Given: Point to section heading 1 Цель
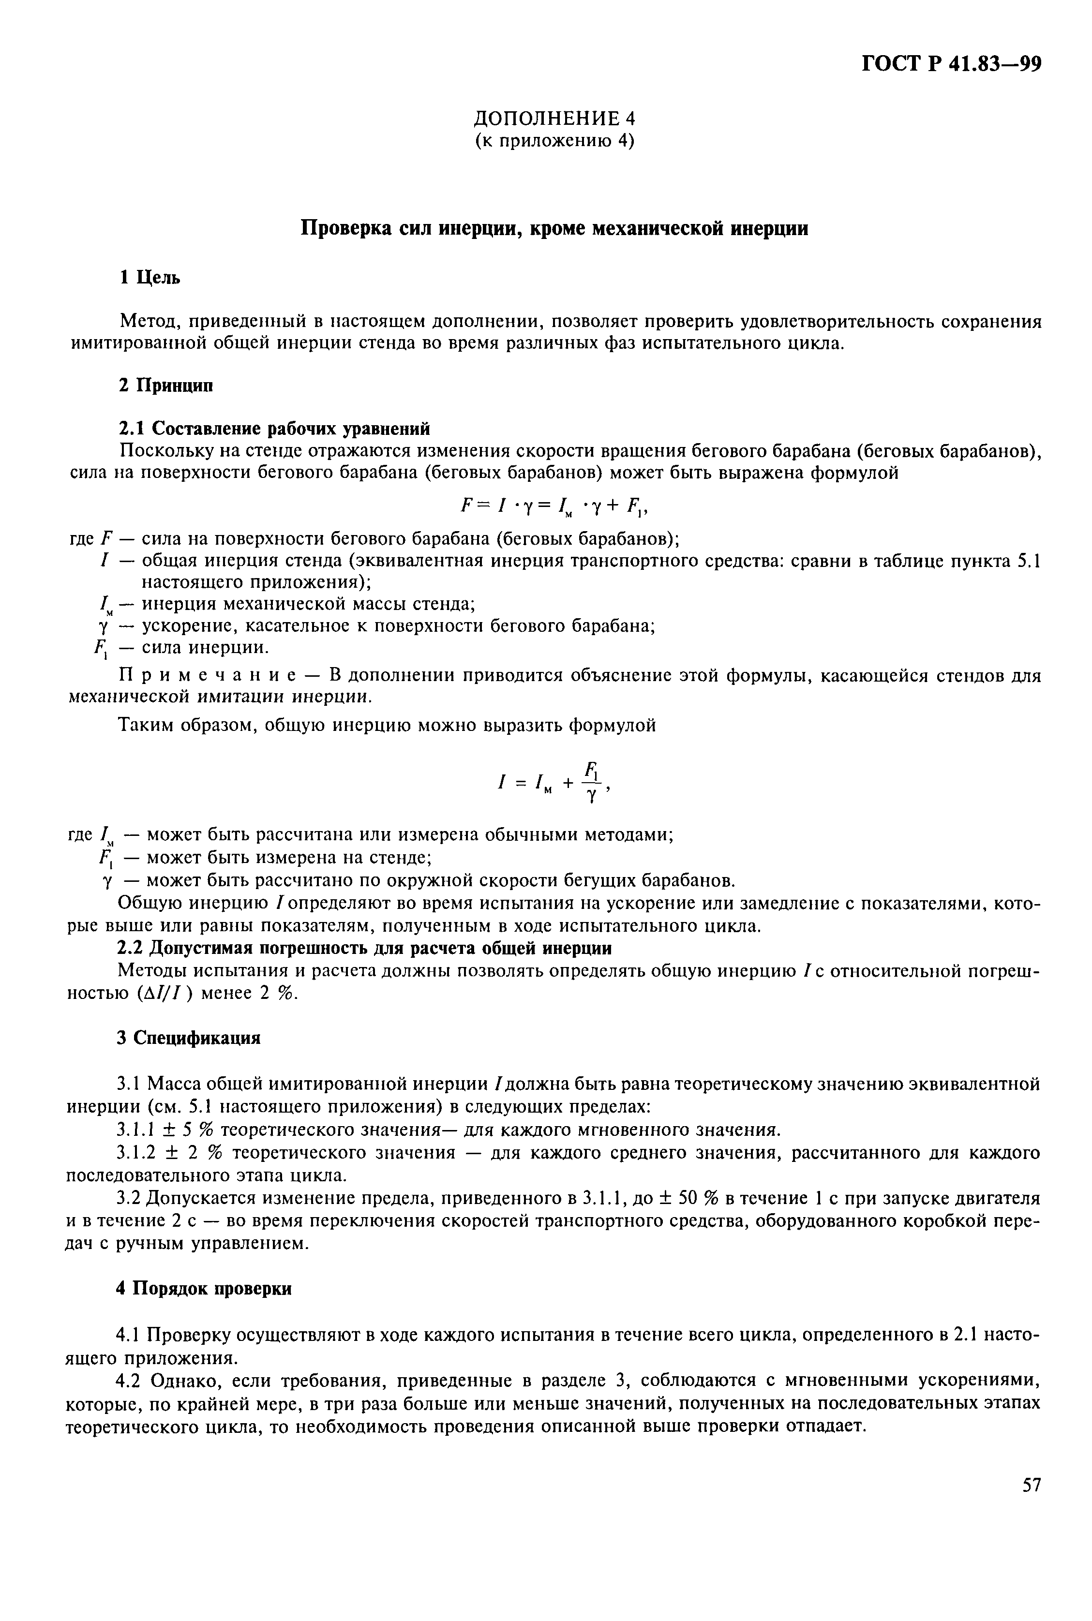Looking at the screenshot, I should pos(150,277).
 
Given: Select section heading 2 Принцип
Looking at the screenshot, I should pos(165,385).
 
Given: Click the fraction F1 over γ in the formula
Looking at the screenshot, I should pos(591,782).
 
